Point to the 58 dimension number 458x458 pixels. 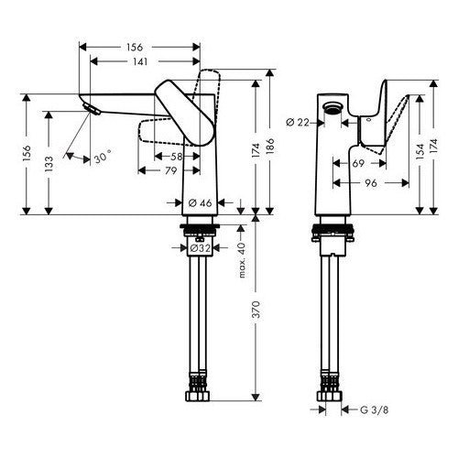coord(175,157)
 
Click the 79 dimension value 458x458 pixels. coord(169,170)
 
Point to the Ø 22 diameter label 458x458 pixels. coord(296,121)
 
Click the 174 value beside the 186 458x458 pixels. coord(253,150)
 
